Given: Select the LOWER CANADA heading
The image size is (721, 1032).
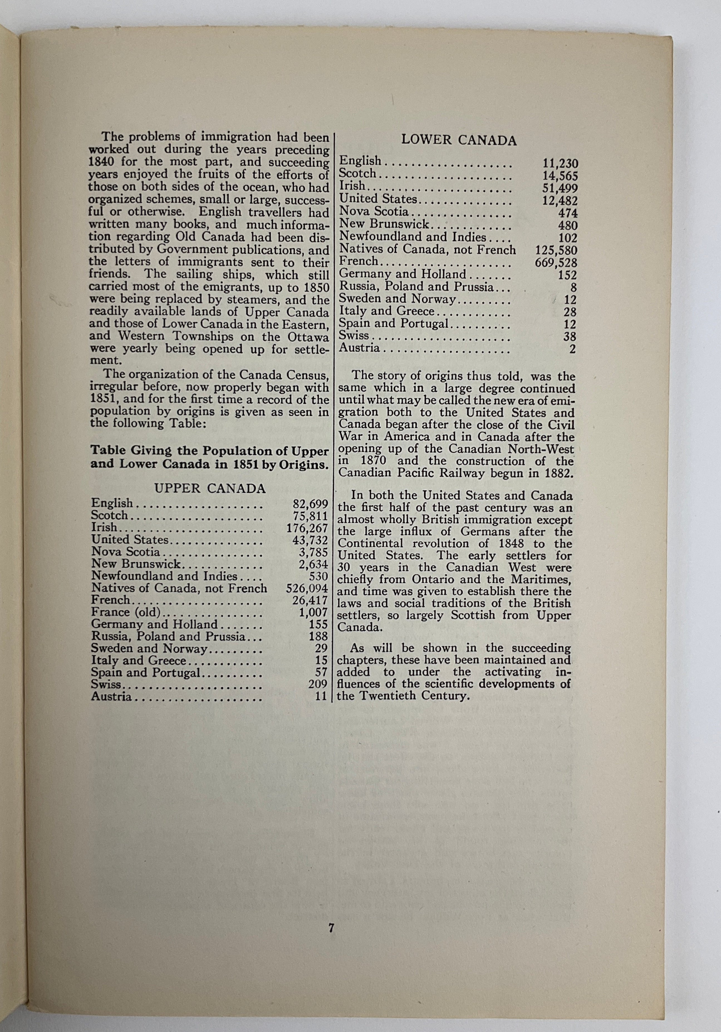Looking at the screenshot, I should click(x=459, y=140).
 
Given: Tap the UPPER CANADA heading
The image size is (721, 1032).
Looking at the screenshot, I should click(x=210, y=488).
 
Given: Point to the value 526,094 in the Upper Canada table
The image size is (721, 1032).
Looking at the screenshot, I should click(x=307, y=588).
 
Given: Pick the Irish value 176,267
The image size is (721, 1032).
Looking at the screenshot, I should click(x=307, y=528).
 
